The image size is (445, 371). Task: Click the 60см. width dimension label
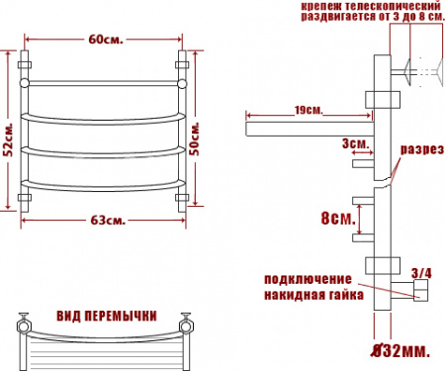[106, 40]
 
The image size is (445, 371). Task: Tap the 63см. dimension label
[108, 220]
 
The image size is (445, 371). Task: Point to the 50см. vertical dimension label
[195, 139]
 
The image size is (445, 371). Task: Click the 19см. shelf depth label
[309, 110]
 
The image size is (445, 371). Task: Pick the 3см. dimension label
[355, 143]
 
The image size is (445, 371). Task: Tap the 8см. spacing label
[338, 218]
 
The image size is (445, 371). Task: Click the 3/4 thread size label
[421, 273]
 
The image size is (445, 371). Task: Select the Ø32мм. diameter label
[400, 351]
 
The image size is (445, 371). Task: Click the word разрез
[422, 149]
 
